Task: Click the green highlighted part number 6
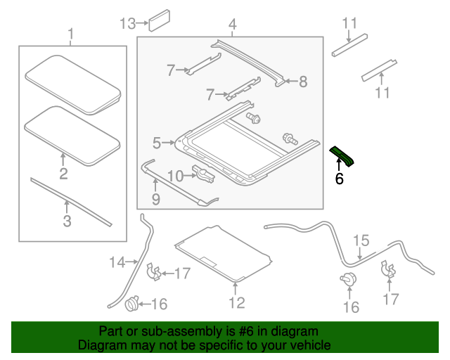coord(342,156)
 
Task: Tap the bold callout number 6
coord(339,179)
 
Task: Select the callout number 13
coord(128,23)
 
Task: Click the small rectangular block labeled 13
coord(160,20)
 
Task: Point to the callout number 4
coord(233,25)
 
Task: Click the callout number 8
coord(303,82)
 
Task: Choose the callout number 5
coord(157,143)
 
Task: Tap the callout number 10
coord(175,176)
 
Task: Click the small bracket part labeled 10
coord(204,174)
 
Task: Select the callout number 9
coord(156,199)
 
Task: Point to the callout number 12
coord(237,302)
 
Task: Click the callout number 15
coord(361,240)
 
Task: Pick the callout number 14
coord(117,262)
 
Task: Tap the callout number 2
coord(63,174)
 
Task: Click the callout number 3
coord(67,221)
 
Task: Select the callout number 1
coord(70,34)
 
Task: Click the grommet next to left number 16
coord(132,304)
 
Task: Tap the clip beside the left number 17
coord(153,271)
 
